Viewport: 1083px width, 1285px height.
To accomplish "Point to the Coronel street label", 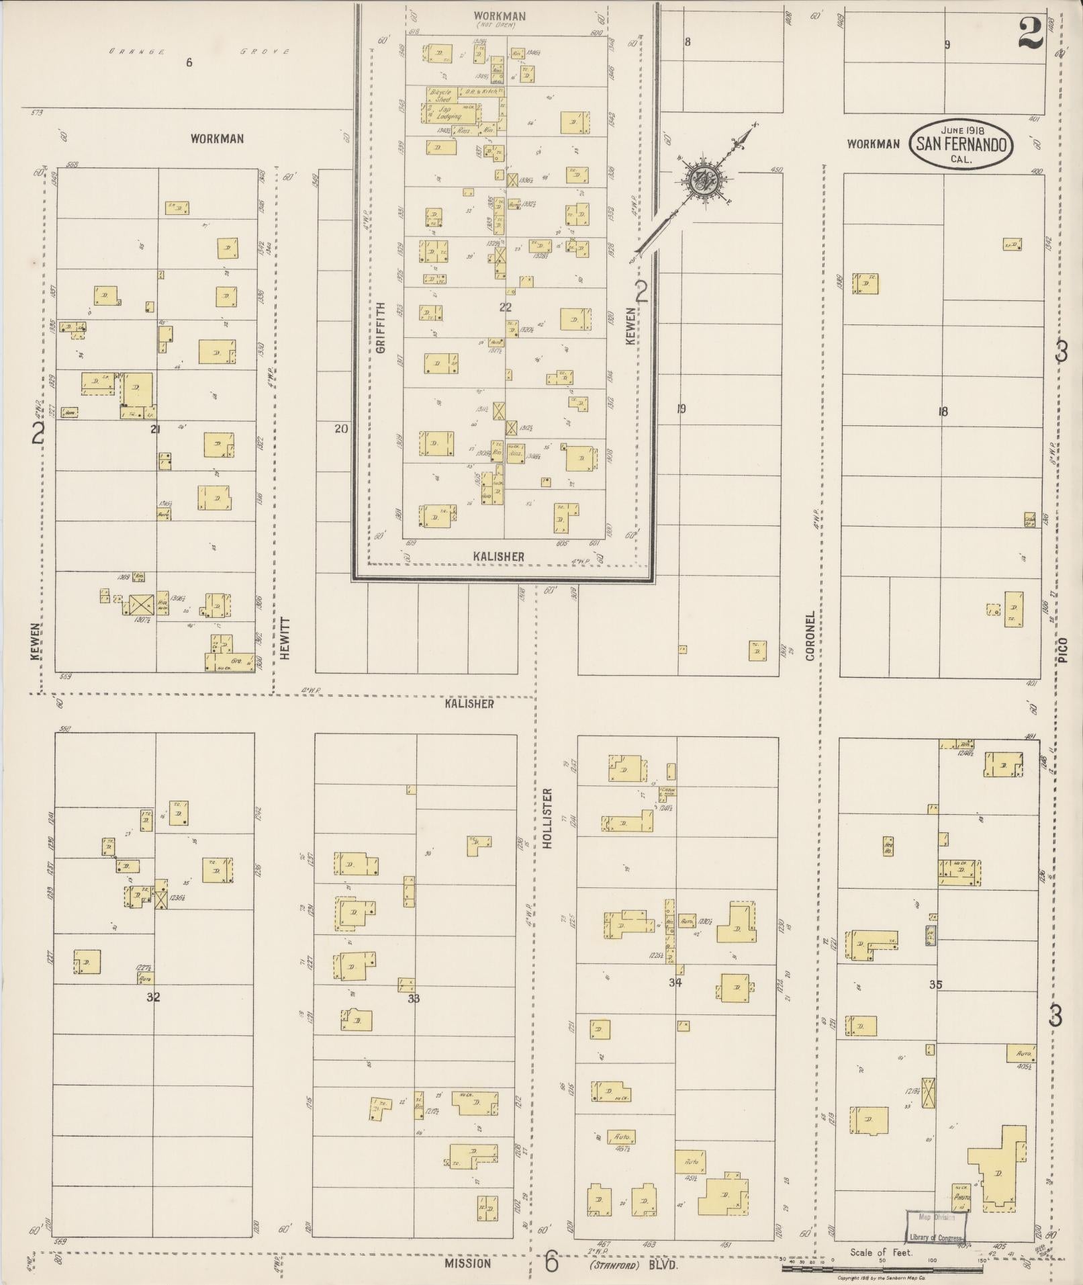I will [x=810, y=635].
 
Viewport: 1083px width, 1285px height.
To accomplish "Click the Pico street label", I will [x=1063, y=651].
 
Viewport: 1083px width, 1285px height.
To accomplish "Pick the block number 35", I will [x=936, y=985].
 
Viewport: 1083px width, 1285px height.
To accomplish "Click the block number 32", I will [x=153, y=997].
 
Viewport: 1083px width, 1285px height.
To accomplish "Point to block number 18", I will [x=943, y=412].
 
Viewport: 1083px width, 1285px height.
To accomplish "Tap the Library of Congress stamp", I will [x=936, y=1228].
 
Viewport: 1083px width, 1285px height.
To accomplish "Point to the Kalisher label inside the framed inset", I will [x=498, y=556].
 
